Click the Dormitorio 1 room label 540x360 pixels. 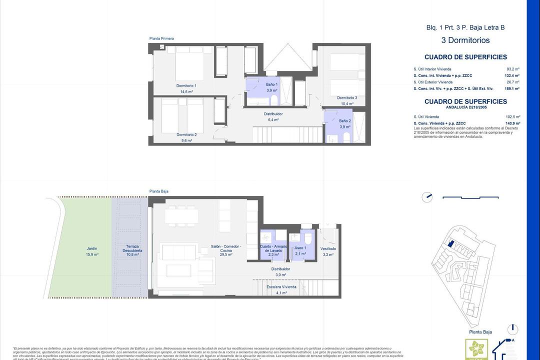pyautogui.click(x=185, y=86)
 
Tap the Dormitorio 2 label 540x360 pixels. pyautogui.click(x=186, y=134)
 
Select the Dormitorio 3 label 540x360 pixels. pyautogui.click(x=346, y=98)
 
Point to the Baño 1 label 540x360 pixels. pyautogui.click(x=271, y=84)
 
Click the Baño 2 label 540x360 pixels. pyautogui.click(x=344, y=121)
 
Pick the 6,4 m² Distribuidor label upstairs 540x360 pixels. pyautogui.click(x=273, y=114)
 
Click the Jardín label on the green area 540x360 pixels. pyautogui.click(x=91, y=248)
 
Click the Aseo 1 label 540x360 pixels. pyautogui.click(x=300, y=248)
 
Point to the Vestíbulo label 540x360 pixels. pyautogui.click(x=328, y=248)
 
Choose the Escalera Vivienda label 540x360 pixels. pyautogui.click(x=281, y=287)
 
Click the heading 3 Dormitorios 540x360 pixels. pyautogui.click(x=465, y=40)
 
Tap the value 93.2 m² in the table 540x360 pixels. pyautogui.click(x=513, y=69)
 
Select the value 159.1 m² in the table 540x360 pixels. pyautogui.click(x=512, y=88)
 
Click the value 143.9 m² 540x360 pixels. pyautogui.click(x=513, y=123)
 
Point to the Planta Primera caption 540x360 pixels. pyautogui.click(x=161, y=38)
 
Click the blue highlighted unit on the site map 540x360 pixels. pyautogui.click(x=450, y=243)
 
